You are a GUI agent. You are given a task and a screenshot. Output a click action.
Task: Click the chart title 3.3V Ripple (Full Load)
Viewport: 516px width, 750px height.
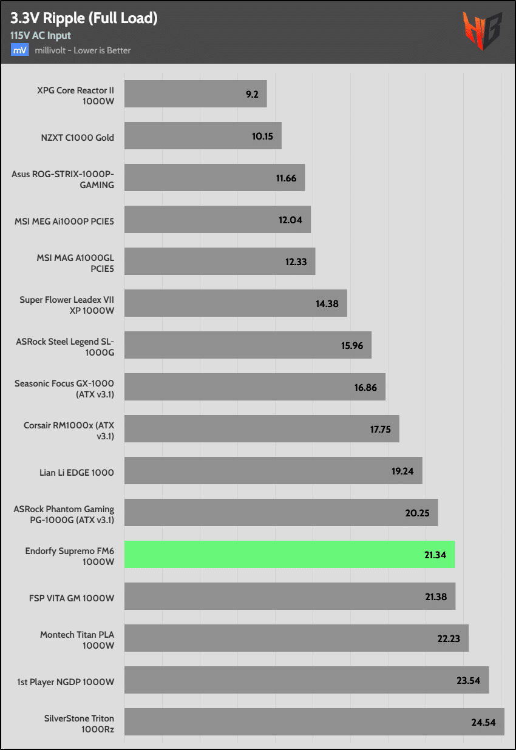(x=84, y=19)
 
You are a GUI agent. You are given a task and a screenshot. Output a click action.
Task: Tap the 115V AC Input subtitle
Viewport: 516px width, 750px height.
(x=40, y=36)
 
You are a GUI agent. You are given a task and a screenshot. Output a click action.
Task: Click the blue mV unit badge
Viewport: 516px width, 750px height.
(x=19, y=50)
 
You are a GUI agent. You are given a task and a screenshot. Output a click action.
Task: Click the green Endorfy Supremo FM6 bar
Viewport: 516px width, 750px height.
(x=290, y=555)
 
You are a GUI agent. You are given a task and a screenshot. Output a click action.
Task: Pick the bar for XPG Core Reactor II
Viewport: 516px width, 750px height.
(x=195, y=94)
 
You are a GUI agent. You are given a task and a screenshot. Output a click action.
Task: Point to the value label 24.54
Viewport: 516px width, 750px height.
(x=483, y=722)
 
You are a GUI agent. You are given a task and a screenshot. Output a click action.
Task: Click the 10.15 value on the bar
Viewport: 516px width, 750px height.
(x=262, y=137)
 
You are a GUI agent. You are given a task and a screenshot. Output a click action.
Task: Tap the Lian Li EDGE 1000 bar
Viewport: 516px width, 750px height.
(x=273, y=471)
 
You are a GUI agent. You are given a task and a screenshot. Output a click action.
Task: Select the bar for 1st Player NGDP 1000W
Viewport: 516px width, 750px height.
(x=307, y=680)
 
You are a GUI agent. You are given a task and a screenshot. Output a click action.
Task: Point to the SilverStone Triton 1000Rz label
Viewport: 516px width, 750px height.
(x=79, y=723)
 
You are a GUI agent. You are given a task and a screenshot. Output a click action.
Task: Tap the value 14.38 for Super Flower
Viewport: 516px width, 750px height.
(x=328, y=303)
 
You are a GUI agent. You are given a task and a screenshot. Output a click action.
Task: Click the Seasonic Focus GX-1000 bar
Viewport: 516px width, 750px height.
(x=255, y=387)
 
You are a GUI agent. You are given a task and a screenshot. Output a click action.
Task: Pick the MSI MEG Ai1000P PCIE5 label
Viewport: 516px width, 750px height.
(x=64, y=220)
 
